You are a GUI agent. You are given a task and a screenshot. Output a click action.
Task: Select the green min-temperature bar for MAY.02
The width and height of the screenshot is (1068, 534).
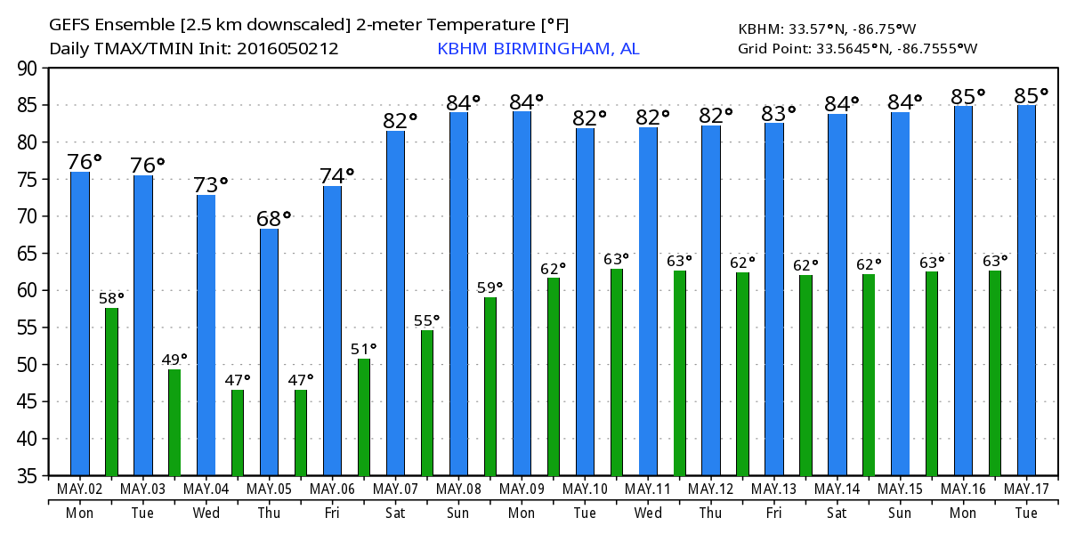pyautogui.click(x=111, y=392)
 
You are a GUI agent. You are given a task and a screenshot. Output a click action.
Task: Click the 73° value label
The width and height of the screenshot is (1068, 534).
pyautogui.click(x=211, y=185)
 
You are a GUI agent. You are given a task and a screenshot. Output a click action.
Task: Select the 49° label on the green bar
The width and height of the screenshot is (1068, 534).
pyautogui.click(x=174, y=360)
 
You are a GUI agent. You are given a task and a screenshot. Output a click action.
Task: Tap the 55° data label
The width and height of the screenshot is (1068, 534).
pyautogui.click(x=427, y=320)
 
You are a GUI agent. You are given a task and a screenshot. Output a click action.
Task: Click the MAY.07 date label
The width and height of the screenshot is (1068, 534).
pyautogui.click(x=396, y=489)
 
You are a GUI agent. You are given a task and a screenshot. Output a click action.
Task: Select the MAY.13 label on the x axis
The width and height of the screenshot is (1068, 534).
pyautogui.click(x=774, y=489)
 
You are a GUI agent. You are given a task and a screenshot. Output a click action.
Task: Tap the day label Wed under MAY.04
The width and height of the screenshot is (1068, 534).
pyautogui.click(x=206, y=513)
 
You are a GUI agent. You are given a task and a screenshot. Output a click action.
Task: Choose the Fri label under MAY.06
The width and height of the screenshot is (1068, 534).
pyautogui.click(x=333, y=513)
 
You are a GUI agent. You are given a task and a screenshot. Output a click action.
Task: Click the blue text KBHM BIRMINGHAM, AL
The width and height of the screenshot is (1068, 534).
pyautogui.click(x=538, y=49)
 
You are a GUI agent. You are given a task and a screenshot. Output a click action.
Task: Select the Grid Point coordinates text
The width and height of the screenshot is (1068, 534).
pyautogui.click(x=857, y=49)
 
